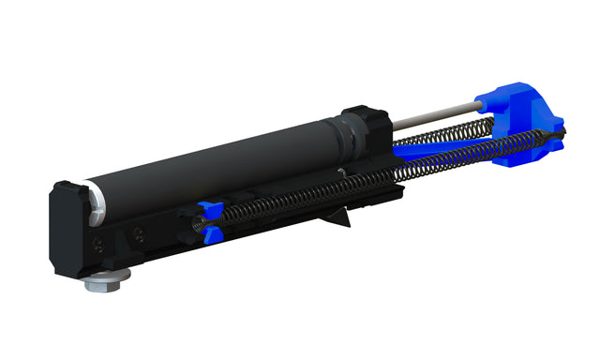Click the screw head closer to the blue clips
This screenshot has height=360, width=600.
pyautogui.click(x=140, y=233)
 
